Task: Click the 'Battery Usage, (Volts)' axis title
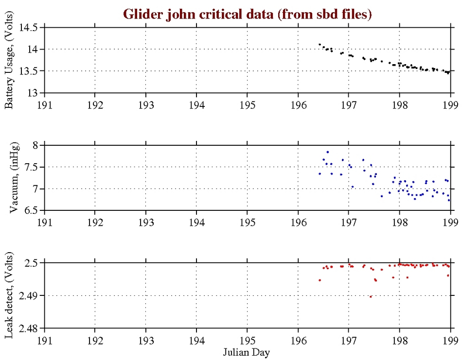(x=9, y=59)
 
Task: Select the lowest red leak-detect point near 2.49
(x=371, y=296)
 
